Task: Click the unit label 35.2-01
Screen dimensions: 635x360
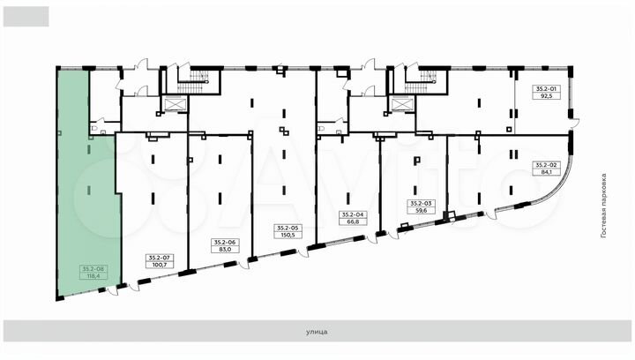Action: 547,89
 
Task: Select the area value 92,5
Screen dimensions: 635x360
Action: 547,96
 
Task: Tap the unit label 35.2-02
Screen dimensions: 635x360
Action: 547,165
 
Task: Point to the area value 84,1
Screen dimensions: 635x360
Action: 547,172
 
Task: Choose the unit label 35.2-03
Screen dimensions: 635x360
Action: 422,204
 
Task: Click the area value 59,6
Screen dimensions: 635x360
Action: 422,211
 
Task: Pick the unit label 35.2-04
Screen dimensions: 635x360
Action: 353,215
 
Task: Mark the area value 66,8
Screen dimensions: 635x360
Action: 353,222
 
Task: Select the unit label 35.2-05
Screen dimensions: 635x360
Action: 288,228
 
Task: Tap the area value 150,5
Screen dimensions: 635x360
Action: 288,235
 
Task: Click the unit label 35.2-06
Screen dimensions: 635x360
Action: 225,242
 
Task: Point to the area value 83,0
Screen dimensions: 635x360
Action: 225,250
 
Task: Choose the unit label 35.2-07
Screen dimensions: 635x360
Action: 161,258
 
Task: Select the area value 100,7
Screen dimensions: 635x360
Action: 161,265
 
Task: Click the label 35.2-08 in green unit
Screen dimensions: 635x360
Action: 94,268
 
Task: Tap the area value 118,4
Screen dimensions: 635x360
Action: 94,276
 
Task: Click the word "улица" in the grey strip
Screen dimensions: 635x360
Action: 317,332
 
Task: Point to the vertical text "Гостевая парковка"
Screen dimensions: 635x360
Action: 604,206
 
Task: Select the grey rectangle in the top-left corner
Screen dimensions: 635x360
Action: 26,17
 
